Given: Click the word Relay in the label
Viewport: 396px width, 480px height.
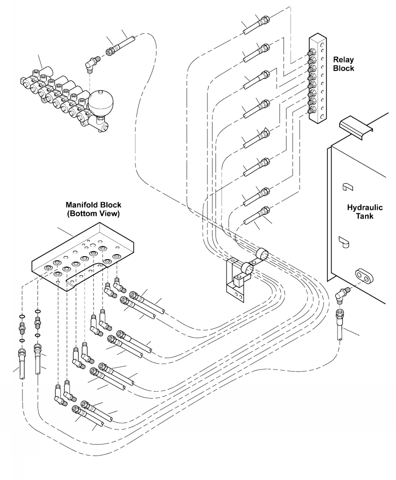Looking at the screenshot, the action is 343,60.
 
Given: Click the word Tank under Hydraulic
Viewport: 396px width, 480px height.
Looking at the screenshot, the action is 364,216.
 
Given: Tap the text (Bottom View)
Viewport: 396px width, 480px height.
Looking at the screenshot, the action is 93,214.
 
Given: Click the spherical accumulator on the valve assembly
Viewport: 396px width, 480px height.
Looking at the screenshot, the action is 101,101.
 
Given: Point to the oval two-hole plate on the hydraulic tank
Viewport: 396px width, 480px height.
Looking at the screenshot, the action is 364,276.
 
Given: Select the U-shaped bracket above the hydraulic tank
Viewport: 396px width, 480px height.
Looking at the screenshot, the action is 356,127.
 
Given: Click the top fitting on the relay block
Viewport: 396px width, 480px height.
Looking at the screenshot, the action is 312,52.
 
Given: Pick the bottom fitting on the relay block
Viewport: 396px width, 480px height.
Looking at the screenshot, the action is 312,111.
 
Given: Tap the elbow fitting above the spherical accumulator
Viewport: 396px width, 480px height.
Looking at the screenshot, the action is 91,63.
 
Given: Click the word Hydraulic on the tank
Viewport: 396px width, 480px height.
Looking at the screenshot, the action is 364,208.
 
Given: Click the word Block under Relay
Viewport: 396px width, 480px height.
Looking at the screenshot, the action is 343,68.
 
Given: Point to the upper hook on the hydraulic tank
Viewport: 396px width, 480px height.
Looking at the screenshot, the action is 346,186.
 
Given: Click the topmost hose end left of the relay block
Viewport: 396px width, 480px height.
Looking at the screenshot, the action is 256,25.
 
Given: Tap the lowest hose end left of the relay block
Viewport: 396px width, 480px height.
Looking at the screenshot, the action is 256,216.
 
